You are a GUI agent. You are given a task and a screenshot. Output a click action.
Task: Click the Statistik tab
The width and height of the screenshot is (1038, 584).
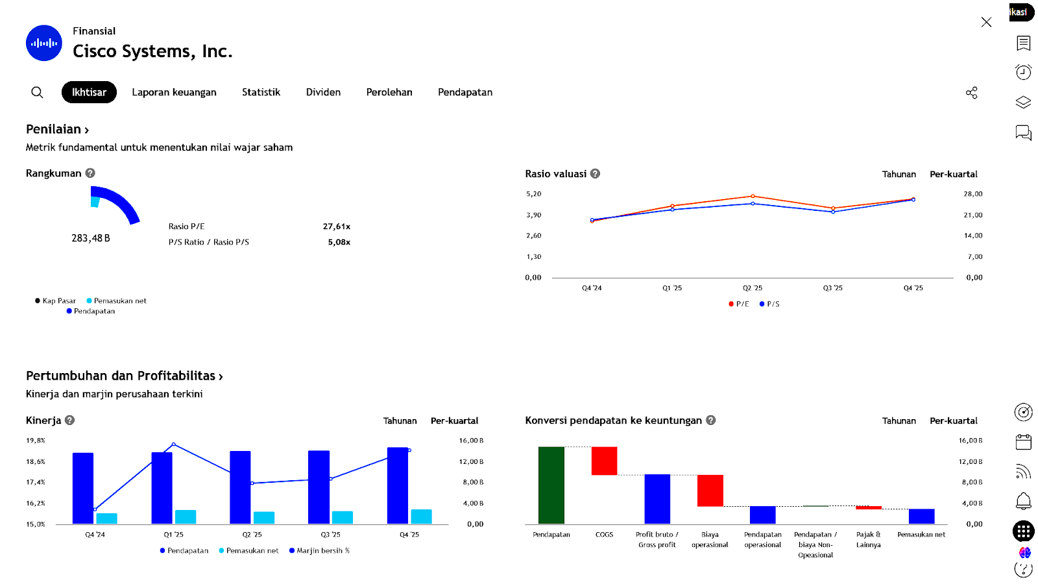pyautogui.click(x=261, y=92)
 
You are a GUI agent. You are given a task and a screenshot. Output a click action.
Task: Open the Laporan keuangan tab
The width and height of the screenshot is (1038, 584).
pyautogui.click(x=174, y=92)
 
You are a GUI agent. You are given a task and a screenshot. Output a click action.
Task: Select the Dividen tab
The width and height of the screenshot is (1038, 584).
pyautogui.click(x=323, y=92)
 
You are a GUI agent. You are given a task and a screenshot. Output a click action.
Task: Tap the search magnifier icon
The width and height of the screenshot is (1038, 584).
pyautogui.click(x=37, y=92)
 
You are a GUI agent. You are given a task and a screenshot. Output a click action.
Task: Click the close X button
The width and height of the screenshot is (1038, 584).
pyautogui.click(x=986, y=22)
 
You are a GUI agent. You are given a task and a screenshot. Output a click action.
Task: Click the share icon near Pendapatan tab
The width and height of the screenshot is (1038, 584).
pyautogui.click(x=971, y=93)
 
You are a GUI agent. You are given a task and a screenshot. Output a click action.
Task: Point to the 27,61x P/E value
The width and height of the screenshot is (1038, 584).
pyautogui.click(x=336, y=226)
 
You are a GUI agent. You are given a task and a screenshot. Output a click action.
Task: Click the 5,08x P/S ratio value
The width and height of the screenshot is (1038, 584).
pyautogui.click(x=339, y=242)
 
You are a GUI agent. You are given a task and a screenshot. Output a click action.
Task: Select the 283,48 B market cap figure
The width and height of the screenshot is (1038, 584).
pyautogui.click(x=91, y=238)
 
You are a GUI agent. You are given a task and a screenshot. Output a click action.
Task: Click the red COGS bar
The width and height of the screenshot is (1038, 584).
pyautogui.click(x=604, y=461)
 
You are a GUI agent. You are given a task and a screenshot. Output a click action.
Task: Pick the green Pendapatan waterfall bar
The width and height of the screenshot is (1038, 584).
pyautogui.click(x=551, y=485)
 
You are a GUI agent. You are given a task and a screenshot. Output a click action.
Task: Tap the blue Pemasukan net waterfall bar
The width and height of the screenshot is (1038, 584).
pyautogui.click(x=921, y=516)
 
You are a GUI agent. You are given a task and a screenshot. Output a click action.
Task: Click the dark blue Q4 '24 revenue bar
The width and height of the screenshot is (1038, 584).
pyautogui.click(x=83, y=488)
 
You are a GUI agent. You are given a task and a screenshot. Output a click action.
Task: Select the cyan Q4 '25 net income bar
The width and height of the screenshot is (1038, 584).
pyautogui.click(x=421, y=517)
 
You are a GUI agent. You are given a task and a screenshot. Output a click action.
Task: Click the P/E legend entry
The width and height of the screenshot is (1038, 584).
pyautogui.click(x=739, y=304)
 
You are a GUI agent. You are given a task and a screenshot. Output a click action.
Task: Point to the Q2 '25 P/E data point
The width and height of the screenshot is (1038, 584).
pyautogui.click(x=753, y=196)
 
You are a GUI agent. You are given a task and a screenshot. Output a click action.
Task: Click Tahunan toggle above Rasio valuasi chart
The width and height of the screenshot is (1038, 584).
pyautogui.click(x=899, y=174)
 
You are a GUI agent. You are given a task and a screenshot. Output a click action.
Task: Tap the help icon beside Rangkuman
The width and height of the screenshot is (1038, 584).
pyautogui.click(x=90, y=173)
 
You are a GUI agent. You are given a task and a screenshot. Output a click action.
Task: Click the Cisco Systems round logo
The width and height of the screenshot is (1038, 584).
pyautogui.click(x=44, y=43)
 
